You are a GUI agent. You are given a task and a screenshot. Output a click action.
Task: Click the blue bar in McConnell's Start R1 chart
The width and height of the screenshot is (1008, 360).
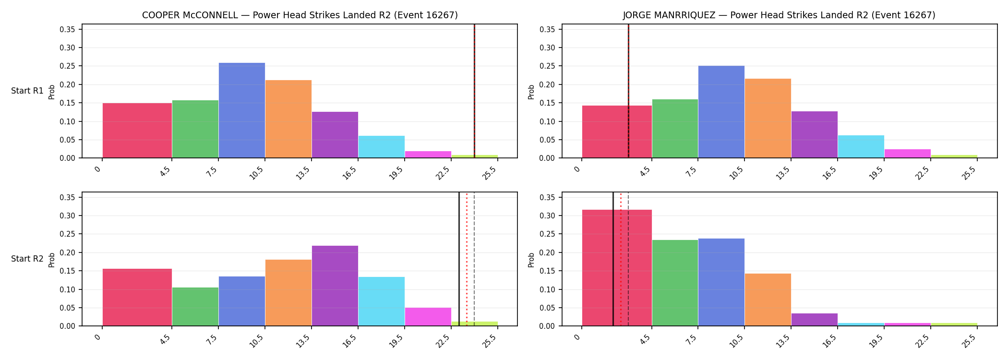(x=241, y=110)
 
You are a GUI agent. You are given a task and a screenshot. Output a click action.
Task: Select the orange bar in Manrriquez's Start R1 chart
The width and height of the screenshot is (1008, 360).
(x=768, y=118)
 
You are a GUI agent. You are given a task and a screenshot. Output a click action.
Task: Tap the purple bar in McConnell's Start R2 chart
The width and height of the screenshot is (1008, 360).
(x=335, y=286)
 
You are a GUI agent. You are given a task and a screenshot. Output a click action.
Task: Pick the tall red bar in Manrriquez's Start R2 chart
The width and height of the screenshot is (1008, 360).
(x=617, y=268)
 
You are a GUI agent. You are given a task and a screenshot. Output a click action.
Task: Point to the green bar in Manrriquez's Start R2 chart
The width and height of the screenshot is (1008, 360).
(x=675, y=283)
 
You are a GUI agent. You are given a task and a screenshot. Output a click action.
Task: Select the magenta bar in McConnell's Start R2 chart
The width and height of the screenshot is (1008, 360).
(x=428, y=317)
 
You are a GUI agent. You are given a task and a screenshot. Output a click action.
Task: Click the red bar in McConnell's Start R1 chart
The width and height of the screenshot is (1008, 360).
(x=137, y=131)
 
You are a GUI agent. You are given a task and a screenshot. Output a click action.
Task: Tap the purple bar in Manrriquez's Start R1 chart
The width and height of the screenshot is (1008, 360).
(x=814, y=134)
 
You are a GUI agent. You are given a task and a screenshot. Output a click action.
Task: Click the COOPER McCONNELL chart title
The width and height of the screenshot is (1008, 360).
(x=300, y=15)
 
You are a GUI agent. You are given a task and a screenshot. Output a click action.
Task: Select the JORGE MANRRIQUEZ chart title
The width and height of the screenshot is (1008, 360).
(x=779, y=15)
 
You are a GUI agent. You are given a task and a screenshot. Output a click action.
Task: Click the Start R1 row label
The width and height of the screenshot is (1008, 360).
(x=27, y=91)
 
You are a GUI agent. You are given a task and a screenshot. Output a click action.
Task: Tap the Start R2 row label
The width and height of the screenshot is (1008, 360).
(x=27, y=259)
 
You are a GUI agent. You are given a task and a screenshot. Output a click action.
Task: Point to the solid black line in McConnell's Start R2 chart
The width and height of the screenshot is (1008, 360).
(x=459, y=259)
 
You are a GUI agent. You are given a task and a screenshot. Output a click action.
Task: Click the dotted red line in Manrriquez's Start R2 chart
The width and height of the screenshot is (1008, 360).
(x=621, y=259)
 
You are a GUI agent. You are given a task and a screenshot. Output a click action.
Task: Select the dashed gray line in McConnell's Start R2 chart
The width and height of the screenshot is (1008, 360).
(x=474, y=259)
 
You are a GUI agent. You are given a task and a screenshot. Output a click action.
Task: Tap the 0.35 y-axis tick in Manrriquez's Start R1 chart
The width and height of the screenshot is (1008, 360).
(x=547, y=30)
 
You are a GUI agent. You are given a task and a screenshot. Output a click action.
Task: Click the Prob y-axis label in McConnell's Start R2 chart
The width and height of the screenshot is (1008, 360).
(x=52, y=260)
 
